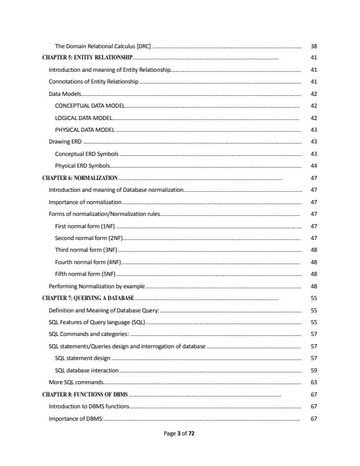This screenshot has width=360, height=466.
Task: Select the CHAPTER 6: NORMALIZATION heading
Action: coord(81,177)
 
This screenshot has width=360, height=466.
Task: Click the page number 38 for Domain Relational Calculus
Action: coord(314,46)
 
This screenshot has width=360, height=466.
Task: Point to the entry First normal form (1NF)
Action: coord(85,226)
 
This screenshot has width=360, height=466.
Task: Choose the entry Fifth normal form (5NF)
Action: coord(85,274)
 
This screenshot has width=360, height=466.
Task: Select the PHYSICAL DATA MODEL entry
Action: coord(85,129)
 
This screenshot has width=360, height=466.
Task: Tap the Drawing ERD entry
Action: coord(65,142)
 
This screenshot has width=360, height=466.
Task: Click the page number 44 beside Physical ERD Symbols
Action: coord(314,166)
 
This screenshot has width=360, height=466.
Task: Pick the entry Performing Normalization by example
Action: coord(96,286)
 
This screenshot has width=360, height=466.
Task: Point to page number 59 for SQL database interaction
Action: coord(314,371)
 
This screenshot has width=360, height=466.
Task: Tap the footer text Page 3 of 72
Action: coord(180,433)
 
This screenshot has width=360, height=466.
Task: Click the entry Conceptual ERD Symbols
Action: coord(86,154)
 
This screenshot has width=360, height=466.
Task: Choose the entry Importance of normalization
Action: coord(84,202)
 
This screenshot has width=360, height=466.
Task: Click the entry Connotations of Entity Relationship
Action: coord(93,81)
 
